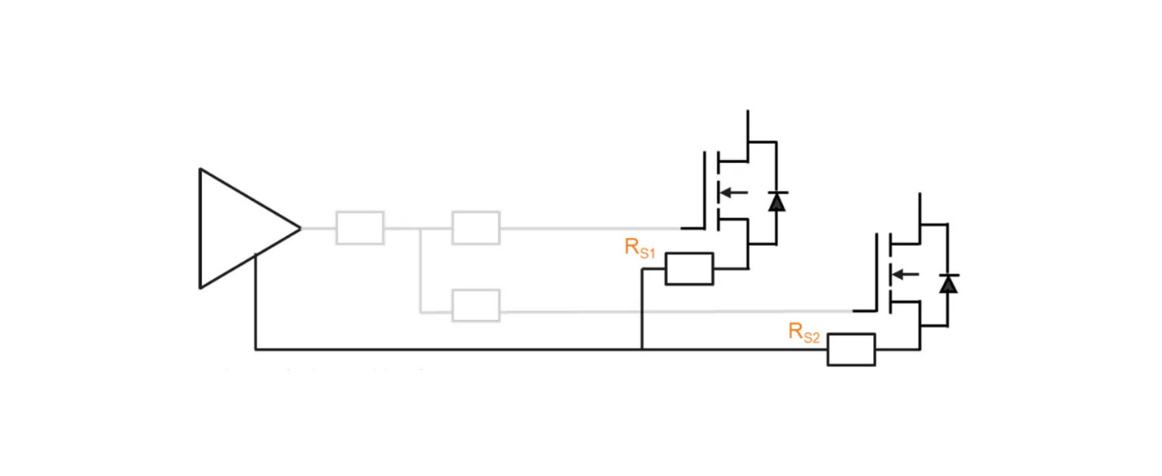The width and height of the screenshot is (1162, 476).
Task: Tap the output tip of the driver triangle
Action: (x=299, y=228)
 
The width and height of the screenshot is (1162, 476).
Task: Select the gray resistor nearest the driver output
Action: (x=360, y=228)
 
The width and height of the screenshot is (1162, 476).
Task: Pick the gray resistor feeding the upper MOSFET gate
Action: (x=475, y=228)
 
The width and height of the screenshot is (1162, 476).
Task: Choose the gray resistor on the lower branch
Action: (x=475, y=306)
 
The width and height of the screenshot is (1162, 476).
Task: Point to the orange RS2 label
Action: (x=804, y=332)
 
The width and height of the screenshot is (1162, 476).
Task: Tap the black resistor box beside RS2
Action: (x=851, y=349)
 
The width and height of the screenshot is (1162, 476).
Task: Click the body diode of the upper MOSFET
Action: (x=777, y=201)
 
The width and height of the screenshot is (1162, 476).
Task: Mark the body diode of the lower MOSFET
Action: (x=948, y=284)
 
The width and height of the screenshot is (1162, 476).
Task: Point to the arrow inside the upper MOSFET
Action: (x=731, y=192)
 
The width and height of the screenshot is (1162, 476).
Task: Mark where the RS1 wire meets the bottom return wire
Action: (x=642, y=349)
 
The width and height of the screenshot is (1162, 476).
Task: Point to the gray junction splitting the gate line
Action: (x=420, y=228)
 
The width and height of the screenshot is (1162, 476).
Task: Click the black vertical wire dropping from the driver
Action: (x=256, y=305)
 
